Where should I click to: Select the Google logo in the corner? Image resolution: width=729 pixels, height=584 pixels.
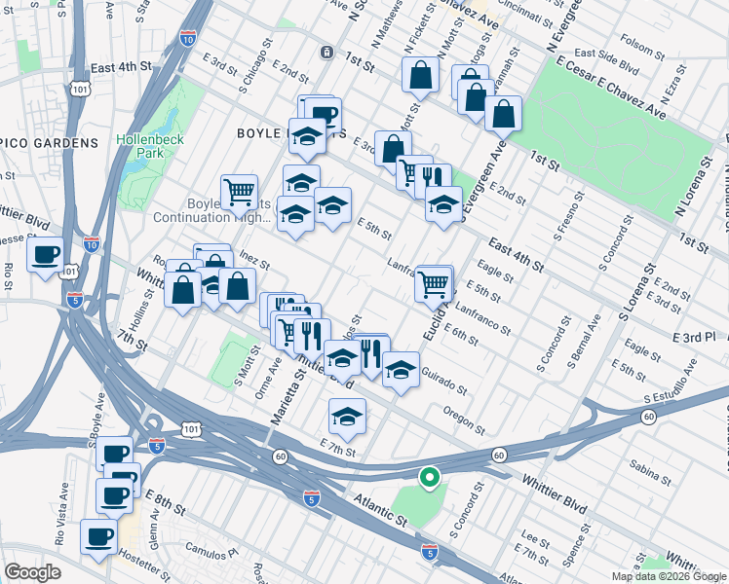(32, 572)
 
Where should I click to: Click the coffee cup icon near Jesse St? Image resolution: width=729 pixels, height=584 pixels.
(45, 255)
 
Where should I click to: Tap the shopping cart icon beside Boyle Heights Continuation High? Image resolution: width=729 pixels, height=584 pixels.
(239, 191)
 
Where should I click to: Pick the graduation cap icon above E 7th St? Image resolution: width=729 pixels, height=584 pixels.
(347, 416)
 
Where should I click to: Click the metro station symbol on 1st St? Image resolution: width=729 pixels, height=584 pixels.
(326, 51)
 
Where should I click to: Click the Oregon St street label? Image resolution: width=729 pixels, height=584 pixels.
(463, 420)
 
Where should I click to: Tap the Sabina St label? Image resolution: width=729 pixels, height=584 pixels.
(651, 472)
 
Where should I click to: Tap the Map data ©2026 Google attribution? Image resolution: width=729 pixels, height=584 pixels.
(668, 576)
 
